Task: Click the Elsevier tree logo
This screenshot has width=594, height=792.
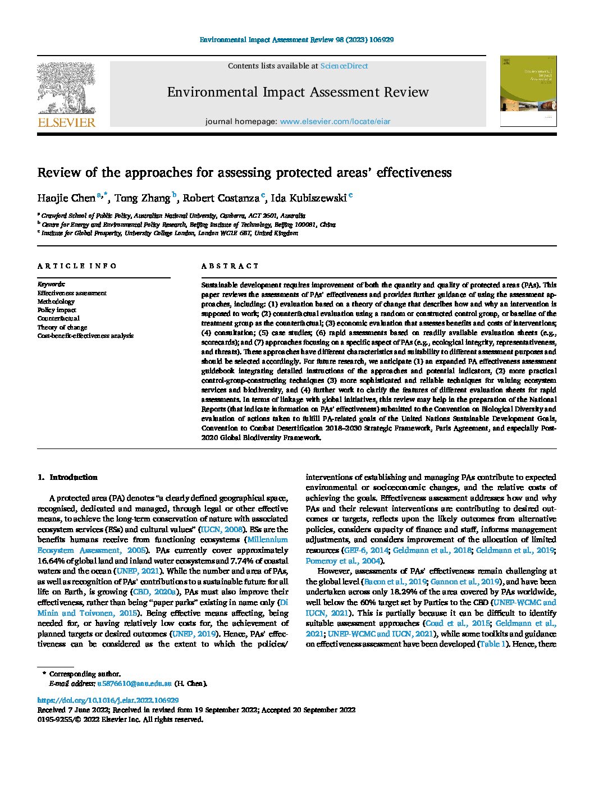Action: (x=66, y=88)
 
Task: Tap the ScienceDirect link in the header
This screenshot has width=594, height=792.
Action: (x=344, y=66)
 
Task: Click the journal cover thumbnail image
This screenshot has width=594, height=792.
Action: (x=528, y=90)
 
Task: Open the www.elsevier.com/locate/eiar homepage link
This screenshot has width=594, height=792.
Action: (x=335, y=121)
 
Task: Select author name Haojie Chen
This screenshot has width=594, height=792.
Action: (x=66, y=198)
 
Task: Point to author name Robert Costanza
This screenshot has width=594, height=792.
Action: (x=223, y=198)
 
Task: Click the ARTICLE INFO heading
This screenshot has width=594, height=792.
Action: (x=77, y=266)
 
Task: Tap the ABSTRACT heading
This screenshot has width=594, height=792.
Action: (x=230, y=266)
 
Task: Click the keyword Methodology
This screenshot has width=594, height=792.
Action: (x=56, y=301)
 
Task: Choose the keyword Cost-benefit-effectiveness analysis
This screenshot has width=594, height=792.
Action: (x=85, y=336)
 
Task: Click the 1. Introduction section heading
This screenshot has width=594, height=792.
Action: (x=67, y=478)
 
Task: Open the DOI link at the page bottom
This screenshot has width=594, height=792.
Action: (x=108, y=701)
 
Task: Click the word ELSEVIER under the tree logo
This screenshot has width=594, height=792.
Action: (x=66, y=122)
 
